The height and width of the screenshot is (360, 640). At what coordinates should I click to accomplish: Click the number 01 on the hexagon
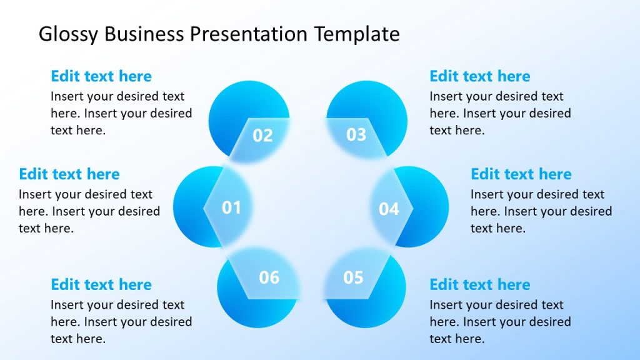[231, 207]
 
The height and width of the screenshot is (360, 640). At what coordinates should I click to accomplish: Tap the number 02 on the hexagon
[262, 135]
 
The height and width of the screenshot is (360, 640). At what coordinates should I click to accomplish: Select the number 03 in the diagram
[356, 134]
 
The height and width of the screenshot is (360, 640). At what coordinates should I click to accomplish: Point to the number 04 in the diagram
[389, 209]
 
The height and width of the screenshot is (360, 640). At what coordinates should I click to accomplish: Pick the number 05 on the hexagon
[353, 277]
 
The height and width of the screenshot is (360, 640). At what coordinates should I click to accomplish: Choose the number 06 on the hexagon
[269, 277]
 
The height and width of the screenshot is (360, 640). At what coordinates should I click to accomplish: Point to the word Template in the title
[357, 34]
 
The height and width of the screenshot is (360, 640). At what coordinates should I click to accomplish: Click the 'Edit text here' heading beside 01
[69, 174]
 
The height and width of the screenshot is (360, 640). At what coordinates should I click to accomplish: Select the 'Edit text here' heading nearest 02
[101, 76]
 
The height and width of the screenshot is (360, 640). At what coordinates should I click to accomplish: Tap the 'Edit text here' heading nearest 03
[480, 76]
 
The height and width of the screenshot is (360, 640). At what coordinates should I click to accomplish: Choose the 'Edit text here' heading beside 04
[521, 174]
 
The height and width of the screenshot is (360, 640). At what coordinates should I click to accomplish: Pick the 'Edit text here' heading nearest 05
[480, 284]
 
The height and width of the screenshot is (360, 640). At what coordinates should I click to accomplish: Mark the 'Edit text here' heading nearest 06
[101, 284]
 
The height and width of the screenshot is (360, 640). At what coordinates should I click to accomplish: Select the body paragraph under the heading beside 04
[541, 211]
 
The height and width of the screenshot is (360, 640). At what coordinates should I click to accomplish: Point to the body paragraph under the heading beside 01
[89, 211]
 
